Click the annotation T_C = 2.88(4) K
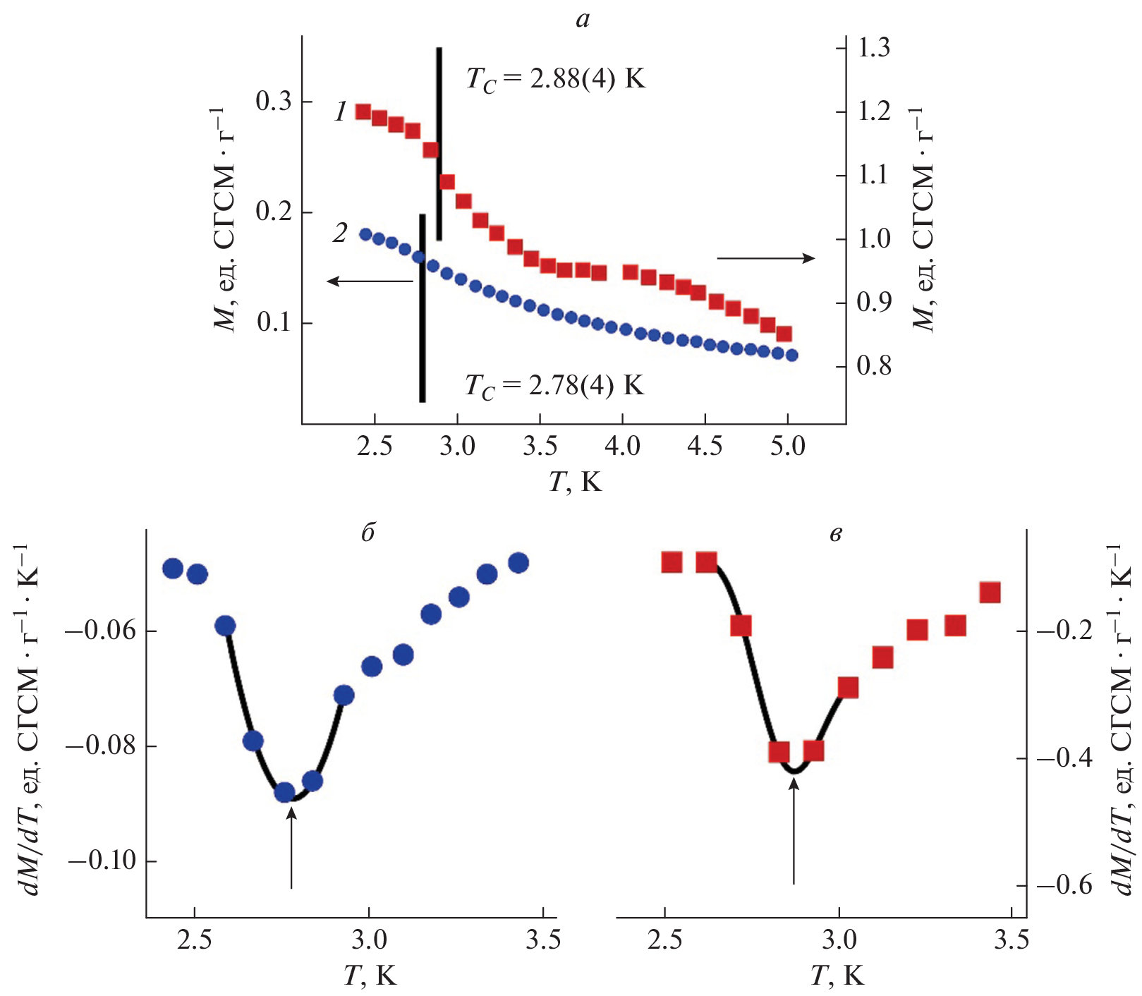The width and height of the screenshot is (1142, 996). click(555, 78)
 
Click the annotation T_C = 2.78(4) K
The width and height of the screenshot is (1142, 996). click(554, 387)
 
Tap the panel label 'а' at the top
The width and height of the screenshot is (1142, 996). click(583, 20)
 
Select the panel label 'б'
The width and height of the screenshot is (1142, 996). click(368, 533)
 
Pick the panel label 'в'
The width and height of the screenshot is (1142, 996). click(835, 534)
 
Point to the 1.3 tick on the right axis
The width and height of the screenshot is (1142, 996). click(873, 48)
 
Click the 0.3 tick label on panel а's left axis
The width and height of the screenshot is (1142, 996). click(274, 102)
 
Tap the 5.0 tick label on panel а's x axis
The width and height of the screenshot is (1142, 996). click(787, 447)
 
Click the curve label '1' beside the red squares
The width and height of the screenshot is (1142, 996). click(341, 111)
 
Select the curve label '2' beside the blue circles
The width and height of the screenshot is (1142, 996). click(341, 232)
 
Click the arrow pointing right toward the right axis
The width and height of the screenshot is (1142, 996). click(766, 258)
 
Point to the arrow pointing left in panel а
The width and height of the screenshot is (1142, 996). click(370, 281)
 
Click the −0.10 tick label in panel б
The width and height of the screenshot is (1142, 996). click(102, 861)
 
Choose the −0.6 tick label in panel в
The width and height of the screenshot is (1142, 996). click(1064, 885)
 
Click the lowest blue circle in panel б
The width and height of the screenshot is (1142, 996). click(285, 793)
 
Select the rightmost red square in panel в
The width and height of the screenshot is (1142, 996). click(990, 593)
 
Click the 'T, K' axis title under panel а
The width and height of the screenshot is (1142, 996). click(576, 482)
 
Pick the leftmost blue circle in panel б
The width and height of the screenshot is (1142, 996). click(173, 569)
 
